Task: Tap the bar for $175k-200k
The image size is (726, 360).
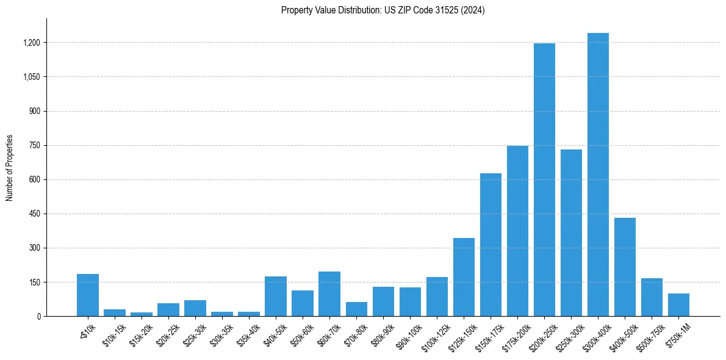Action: (x=517, y=231)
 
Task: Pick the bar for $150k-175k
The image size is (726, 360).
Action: (x=491, y=245)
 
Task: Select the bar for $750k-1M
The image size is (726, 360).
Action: (x=678, y=305)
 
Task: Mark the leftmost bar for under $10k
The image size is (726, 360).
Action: (x=88, y=295)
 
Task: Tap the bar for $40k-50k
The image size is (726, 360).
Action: (x=276, y=297)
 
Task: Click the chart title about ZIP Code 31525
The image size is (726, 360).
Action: (x=383, y=10)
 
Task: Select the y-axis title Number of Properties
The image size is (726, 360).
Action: (x=10, y=168)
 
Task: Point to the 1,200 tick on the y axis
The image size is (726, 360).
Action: (x=32, y=43)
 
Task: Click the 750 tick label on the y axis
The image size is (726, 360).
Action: (x=35, y=145)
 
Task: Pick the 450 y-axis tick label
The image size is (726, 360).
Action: (x=35, y=214)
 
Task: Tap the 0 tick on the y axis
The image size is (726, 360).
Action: (x=38, y=317)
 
